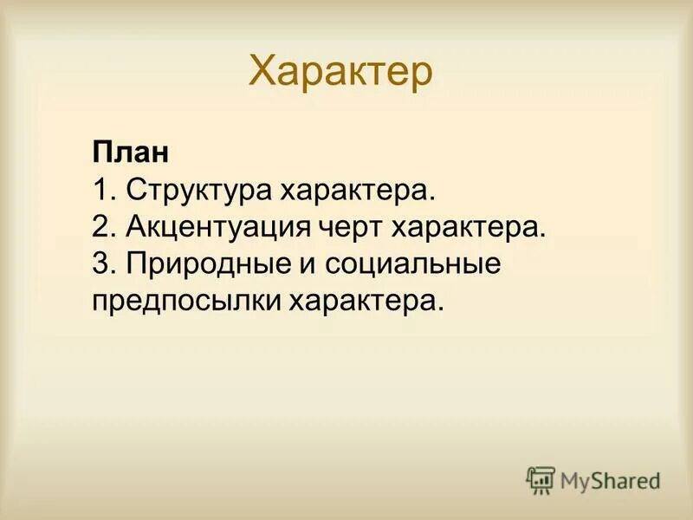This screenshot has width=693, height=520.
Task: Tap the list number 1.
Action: coord(99,189)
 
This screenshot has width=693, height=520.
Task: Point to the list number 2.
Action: coord(100,227)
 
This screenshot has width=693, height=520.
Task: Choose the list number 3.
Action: coord(100,264)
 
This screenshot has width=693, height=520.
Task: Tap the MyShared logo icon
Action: coord(541,478)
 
